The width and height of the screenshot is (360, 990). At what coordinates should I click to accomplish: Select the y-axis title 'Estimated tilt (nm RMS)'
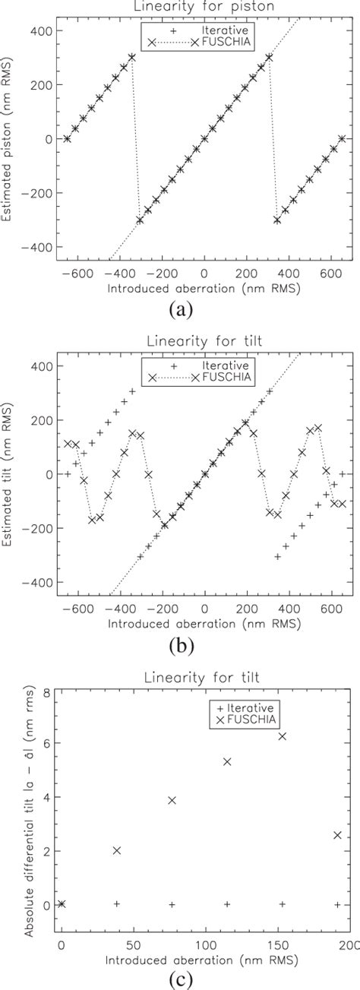click(x=8, y=473)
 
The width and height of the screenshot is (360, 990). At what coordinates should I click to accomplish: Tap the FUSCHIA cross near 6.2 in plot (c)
click(x=283, y=736)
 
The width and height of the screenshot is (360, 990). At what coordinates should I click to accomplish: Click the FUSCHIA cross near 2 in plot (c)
click(x=116, y=850)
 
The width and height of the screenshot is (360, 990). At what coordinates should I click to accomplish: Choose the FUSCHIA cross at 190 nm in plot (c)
click(x=337, y=835)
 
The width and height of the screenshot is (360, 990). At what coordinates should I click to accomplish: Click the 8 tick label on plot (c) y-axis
click(x=47, y=693)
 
